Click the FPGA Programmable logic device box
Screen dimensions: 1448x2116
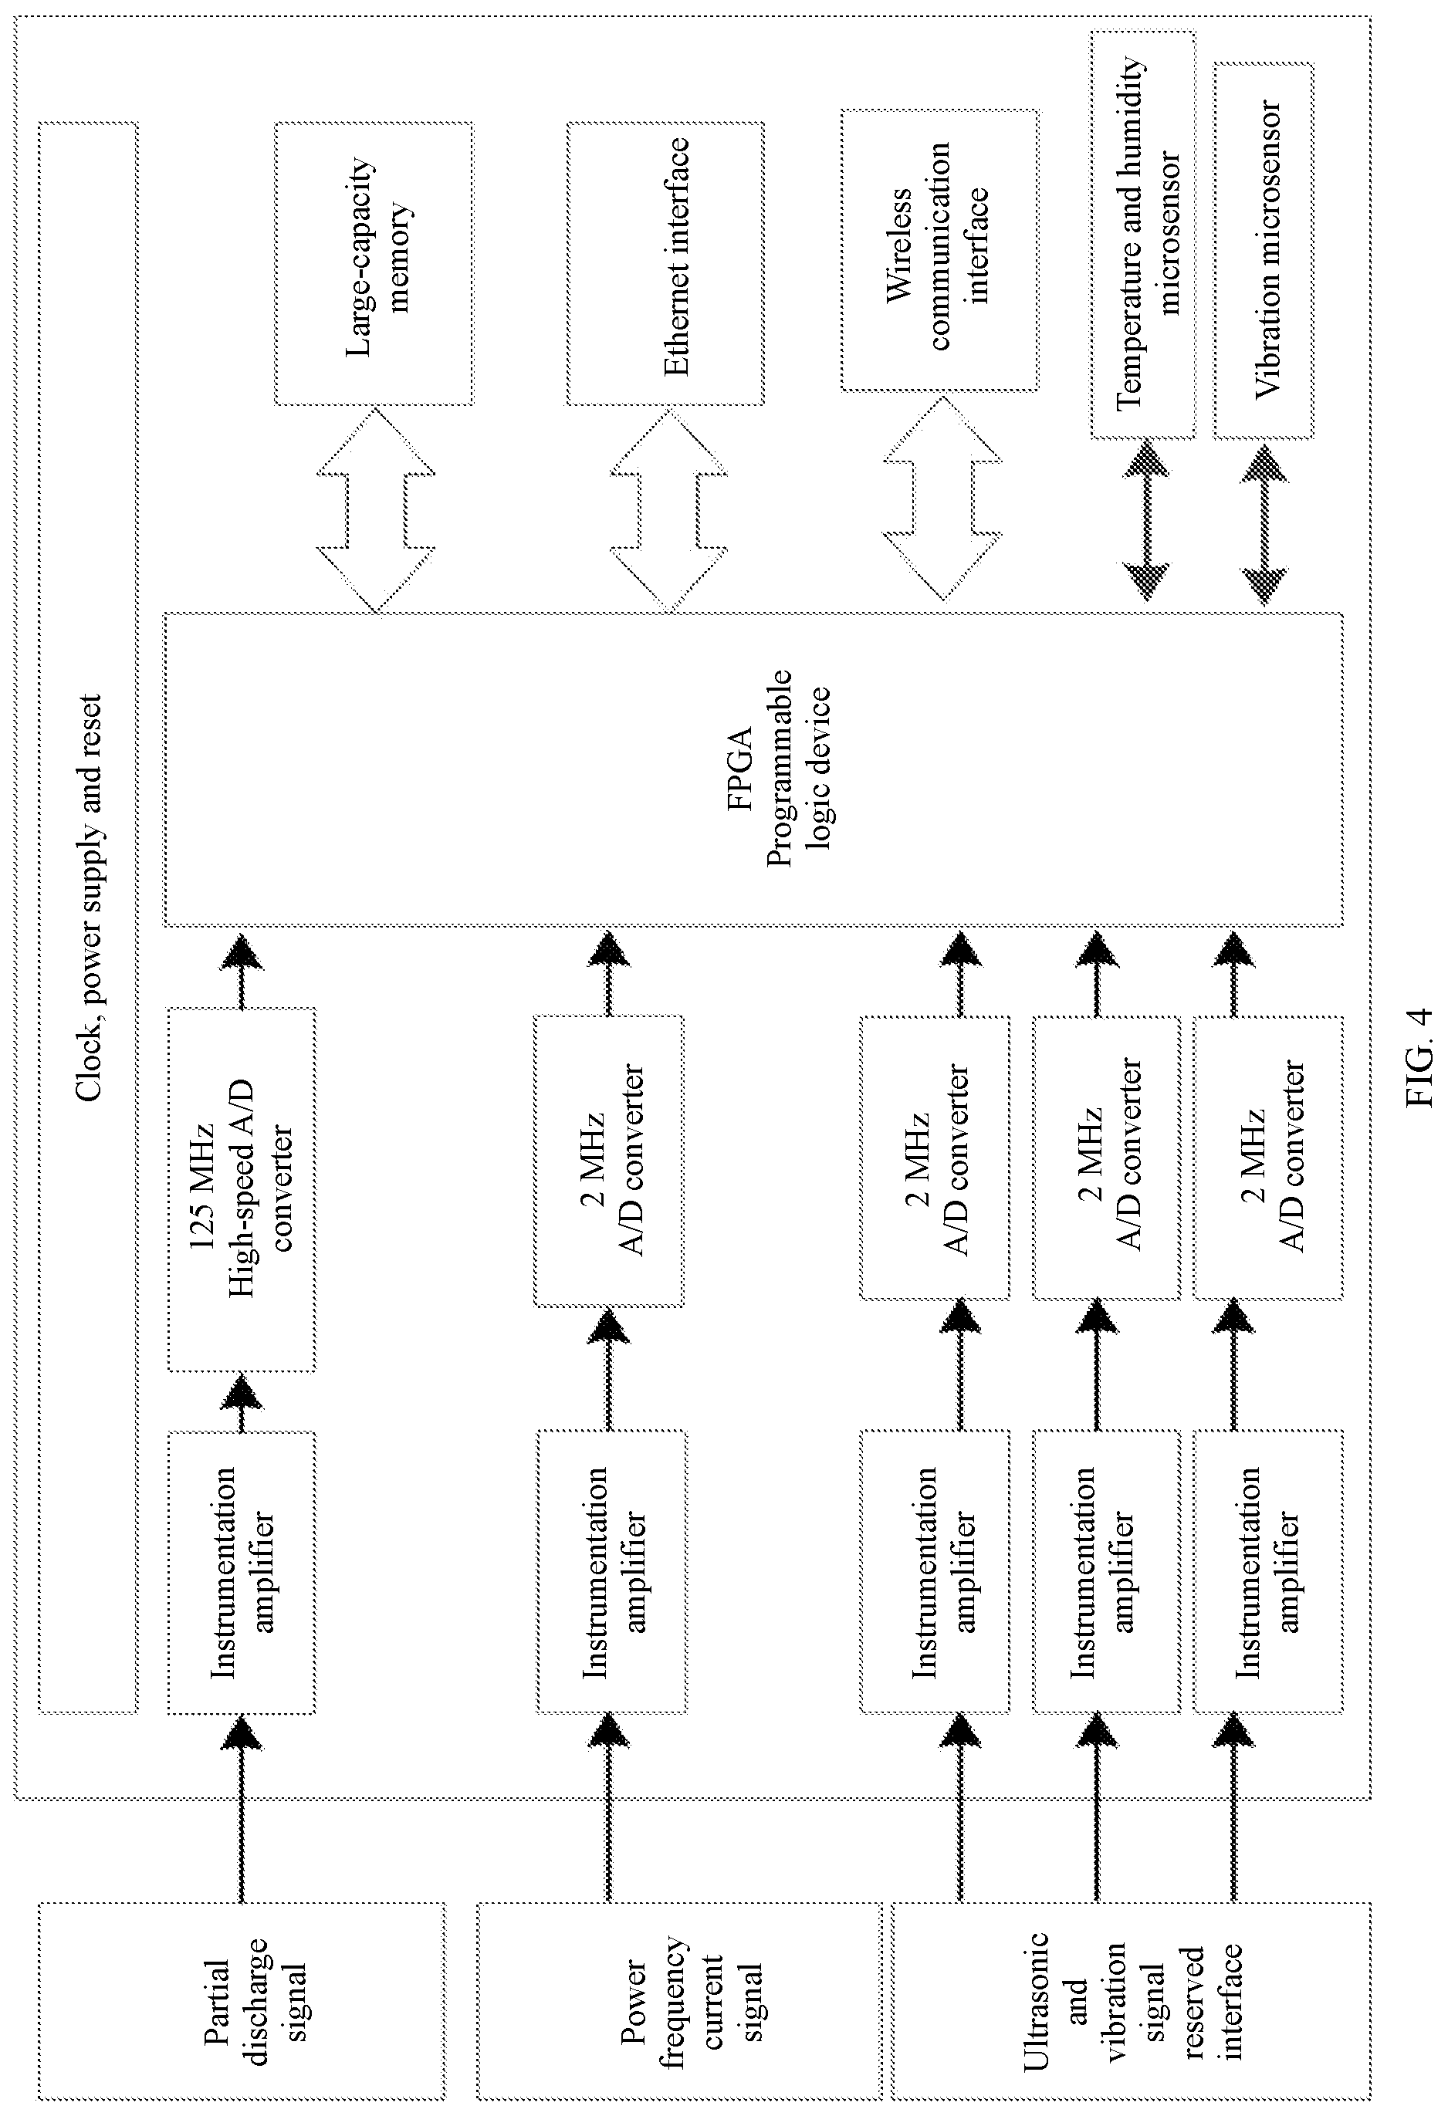point(753,769)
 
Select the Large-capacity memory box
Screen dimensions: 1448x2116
point(374,263)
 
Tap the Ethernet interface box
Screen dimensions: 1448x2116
point(665,263)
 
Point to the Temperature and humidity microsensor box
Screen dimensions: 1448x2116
point(1143,235)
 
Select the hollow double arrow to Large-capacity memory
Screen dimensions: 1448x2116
point(375,510)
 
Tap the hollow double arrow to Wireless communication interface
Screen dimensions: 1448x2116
point(942,497)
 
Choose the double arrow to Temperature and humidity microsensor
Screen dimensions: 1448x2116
point(1145,522)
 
